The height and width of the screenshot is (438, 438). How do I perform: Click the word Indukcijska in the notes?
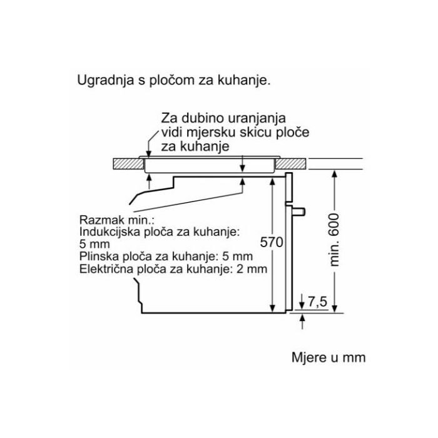coord(107,233)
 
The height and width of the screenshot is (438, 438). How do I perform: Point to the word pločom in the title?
coord(165,81)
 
